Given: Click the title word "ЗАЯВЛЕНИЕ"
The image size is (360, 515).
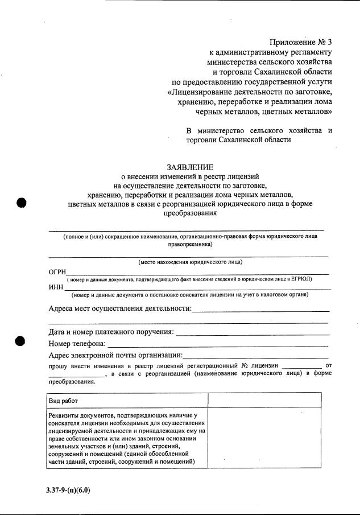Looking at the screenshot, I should click(190, 167).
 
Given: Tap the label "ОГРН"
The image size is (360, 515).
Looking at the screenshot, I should click(57, 271).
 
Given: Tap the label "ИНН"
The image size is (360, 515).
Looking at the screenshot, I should click(56, 287).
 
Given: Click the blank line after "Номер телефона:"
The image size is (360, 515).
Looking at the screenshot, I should click(218, 344).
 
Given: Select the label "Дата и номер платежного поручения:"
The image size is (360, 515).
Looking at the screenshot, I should click(111, 332).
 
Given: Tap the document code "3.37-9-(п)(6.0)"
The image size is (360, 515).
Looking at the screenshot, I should click(69, 489).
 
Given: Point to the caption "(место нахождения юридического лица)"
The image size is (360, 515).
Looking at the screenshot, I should click(191, 262).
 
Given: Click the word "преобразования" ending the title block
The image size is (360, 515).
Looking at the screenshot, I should click(190, 213).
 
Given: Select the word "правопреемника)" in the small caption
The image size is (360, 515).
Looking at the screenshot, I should click(191, 244).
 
